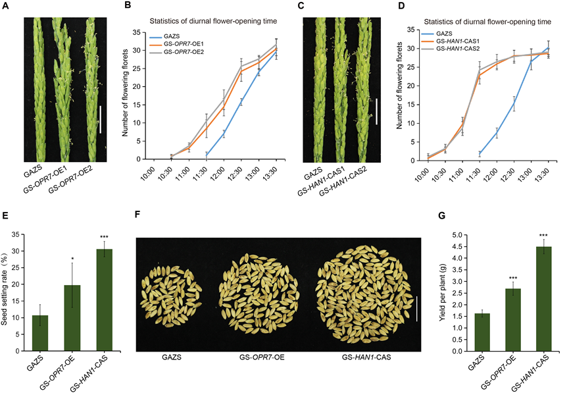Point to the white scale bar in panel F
point(417,308)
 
